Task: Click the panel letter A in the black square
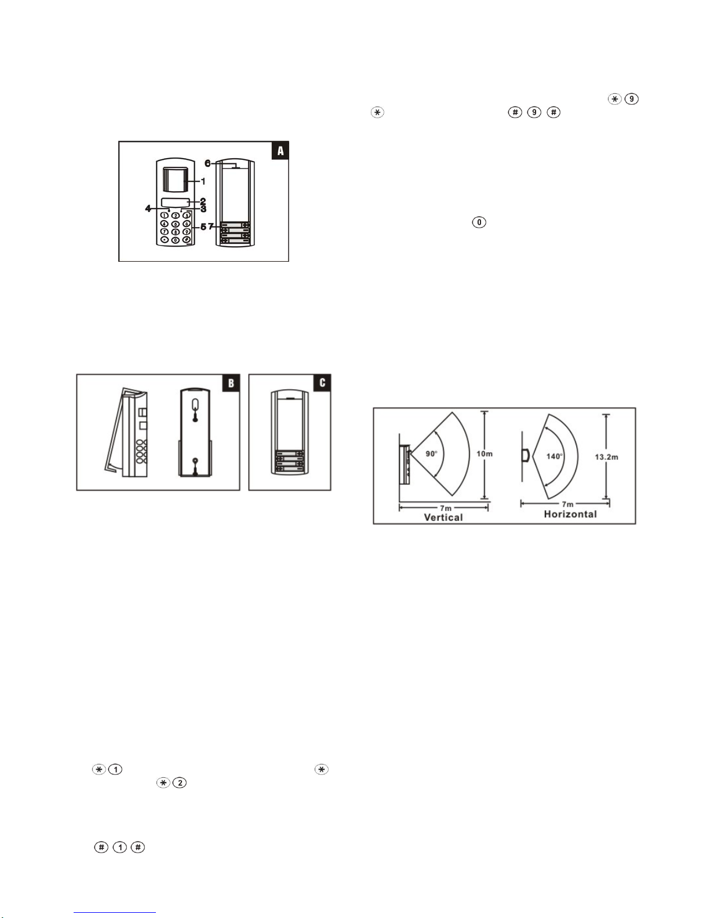tap(281, 151)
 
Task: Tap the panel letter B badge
tap(231, 383)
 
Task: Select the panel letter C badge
tap(322, 382)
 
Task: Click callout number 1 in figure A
tap(203, 181)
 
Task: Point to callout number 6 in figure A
tap(207, 163)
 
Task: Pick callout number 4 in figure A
tap(148, 208)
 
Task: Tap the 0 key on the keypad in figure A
tap(175, 240)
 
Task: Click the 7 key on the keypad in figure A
tap(165, 232)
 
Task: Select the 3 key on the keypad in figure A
tap(186, 215)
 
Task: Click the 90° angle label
tap(432, 454)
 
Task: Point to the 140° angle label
tap(555, 456)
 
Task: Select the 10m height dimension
tap(485, 453)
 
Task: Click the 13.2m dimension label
tap(606, 456)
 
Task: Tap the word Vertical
tap(443, 517)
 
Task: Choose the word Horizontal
tap(570, 514)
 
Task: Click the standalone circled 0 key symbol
tap(479, 222)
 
